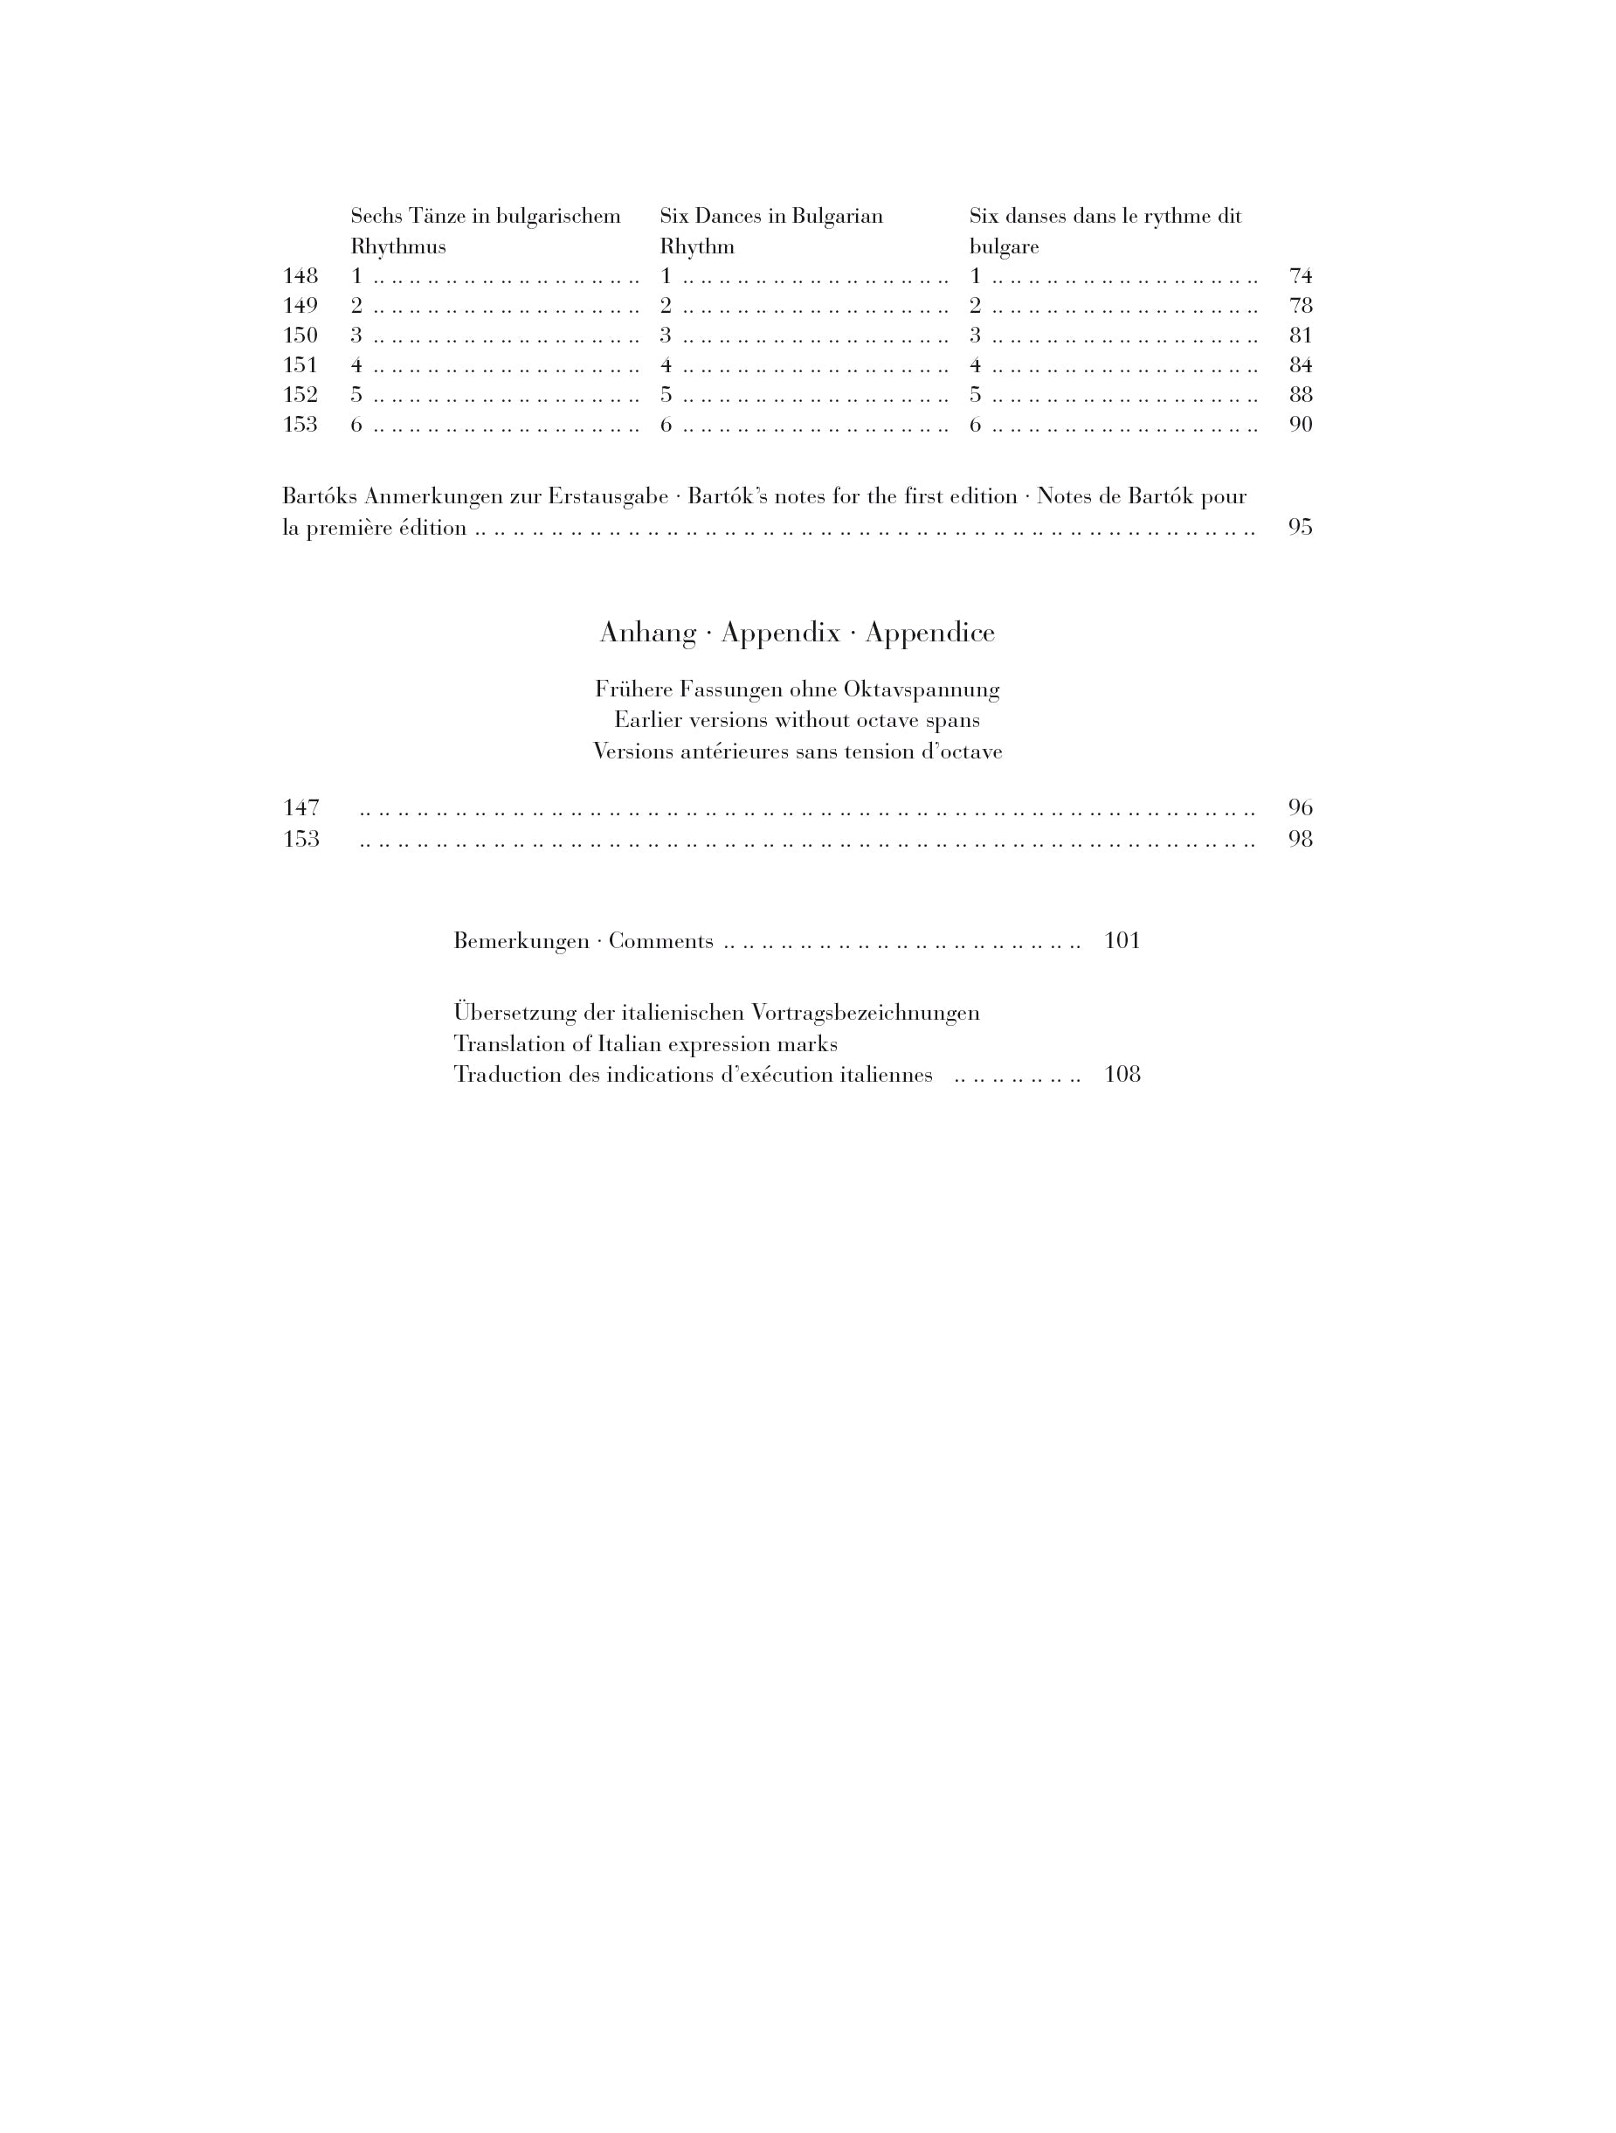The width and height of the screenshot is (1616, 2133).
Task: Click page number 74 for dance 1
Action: point(1300,277)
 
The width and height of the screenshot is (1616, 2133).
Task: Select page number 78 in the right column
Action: point(1300,307)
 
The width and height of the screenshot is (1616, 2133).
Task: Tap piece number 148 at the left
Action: point(300,277)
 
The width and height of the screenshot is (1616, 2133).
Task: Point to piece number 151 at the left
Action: point(300,365)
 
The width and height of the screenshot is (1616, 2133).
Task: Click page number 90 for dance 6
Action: point(1300,426)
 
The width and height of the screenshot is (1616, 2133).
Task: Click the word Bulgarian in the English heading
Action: point(837,216)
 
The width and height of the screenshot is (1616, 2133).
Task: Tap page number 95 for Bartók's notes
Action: point(1300,528)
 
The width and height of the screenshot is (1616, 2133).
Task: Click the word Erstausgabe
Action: point(607,497)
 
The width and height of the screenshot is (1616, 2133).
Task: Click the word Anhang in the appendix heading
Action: point(648,634)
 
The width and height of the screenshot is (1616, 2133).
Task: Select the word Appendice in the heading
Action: point(929,634)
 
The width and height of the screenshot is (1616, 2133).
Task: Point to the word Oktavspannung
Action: point(921,690)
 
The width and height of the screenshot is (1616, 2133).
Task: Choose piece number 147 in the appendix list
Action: point(300,808)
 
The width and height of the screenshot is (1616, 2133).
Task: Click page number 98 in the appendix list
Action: point(1300,839)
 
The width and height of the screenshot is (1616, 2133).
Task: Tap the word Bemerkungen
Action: point(521,941)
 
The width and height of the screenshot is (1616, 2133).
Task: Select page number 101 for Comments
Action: point(1122,941)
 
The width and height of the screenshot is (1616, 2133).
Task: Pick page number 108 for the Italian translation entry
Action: point(1122,1074)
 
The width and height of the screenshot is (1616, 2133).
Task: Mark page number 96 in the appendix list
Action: point(1300,808)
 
